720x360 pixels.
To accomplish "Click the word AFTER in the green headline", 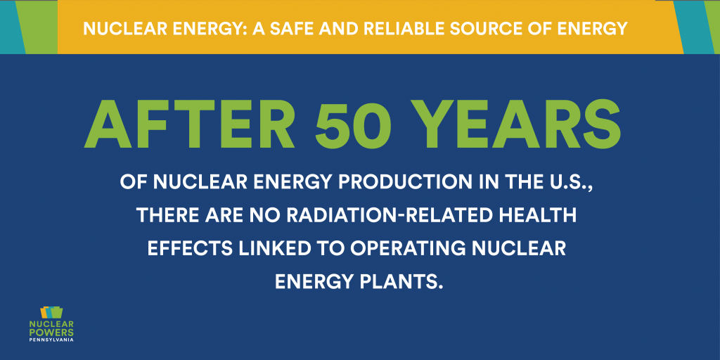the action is pos(189,124).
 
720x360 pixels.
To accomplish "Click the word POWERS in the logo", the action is pos(51,331).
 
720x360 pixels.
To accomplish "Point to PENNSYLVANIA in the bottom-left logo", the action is pos(51,340).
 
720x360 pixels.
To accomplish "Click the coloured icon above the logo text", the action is pos(51,313).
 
